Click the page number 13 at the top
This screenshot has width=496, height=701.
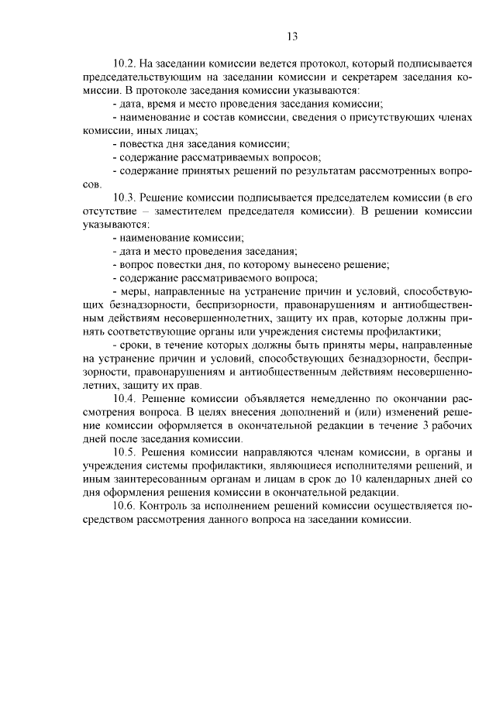[x=292, y=36]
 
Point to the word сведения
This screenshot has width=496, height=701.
[x=335, y=119]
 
